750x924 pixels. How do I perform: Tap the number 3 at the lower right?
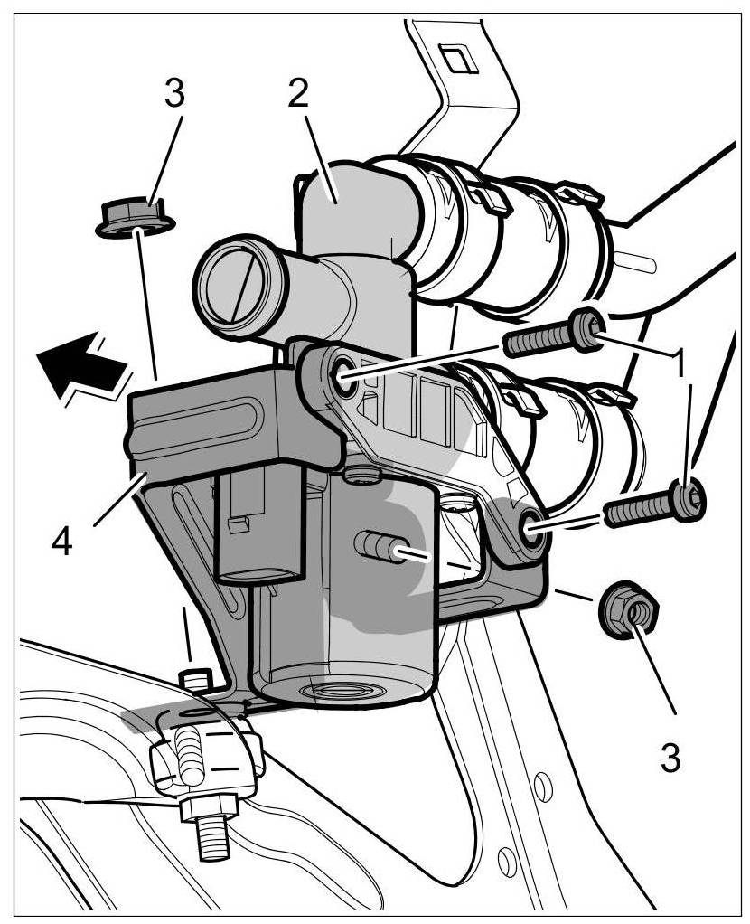(x=670, y=757)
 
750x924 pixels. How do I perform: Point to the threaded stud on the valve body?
(x=378, y=546)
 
